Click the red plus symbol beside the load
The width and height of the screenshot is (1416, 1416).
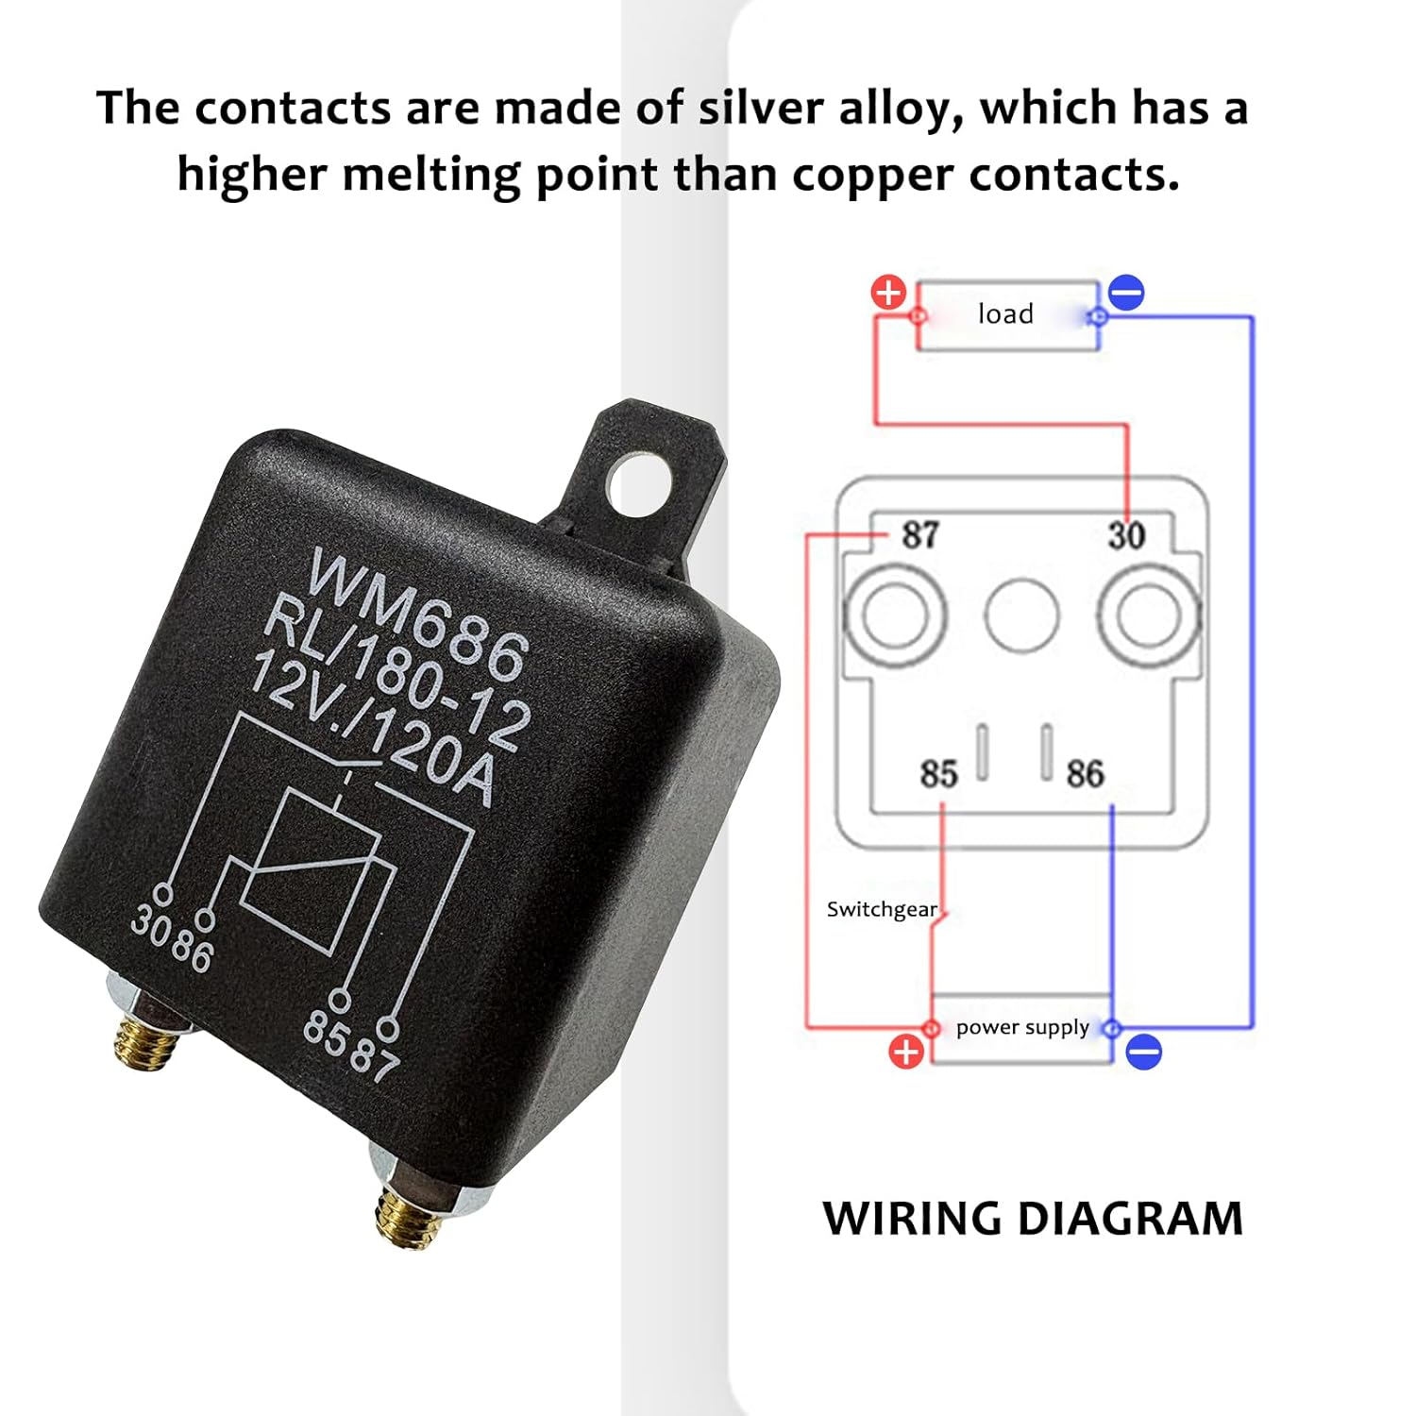[x=888, y=293]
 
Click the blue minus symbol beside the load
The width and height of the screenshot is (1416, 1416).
[x=1126, y=293]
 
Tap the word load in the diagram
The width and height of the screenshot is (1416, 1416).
[x=1005, y=313]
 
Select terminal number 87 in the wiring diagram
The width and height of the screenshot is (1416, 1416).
[x=920, y=535]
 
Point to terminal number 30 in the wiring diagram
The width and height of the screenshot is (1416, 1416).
[x=1126, y=536]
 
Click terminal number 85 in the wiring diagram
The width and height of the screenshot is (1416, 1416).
[x=938, y=774]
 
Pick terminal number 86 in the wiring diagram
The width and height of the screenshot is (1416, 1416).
[x=1085, y=774]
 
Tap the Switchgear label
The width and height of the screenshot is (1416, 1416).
[x=882, y=909]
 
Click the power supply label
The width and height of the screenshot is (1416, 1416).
[x=1022, y=1027]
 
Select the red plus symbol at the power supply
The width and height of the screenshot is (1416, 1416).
[x=906, y=1052]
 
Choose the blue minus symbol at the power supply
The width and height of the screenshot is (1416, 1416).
[x=1144, y=1052]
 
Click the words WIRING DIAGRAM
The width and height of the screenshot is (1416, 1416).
[x=1033, y=1219]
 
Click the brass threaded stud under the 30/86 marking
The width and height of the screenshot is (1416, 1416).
[x=147, y=1041]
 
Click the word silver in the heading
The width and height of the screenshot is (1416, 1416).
[x=761, y=108]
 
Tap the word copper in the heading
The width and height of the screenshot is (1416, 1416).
[x=873, y=175]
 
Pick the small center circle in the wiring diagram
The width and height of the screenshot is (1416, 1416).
[x=1021, y=615]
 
